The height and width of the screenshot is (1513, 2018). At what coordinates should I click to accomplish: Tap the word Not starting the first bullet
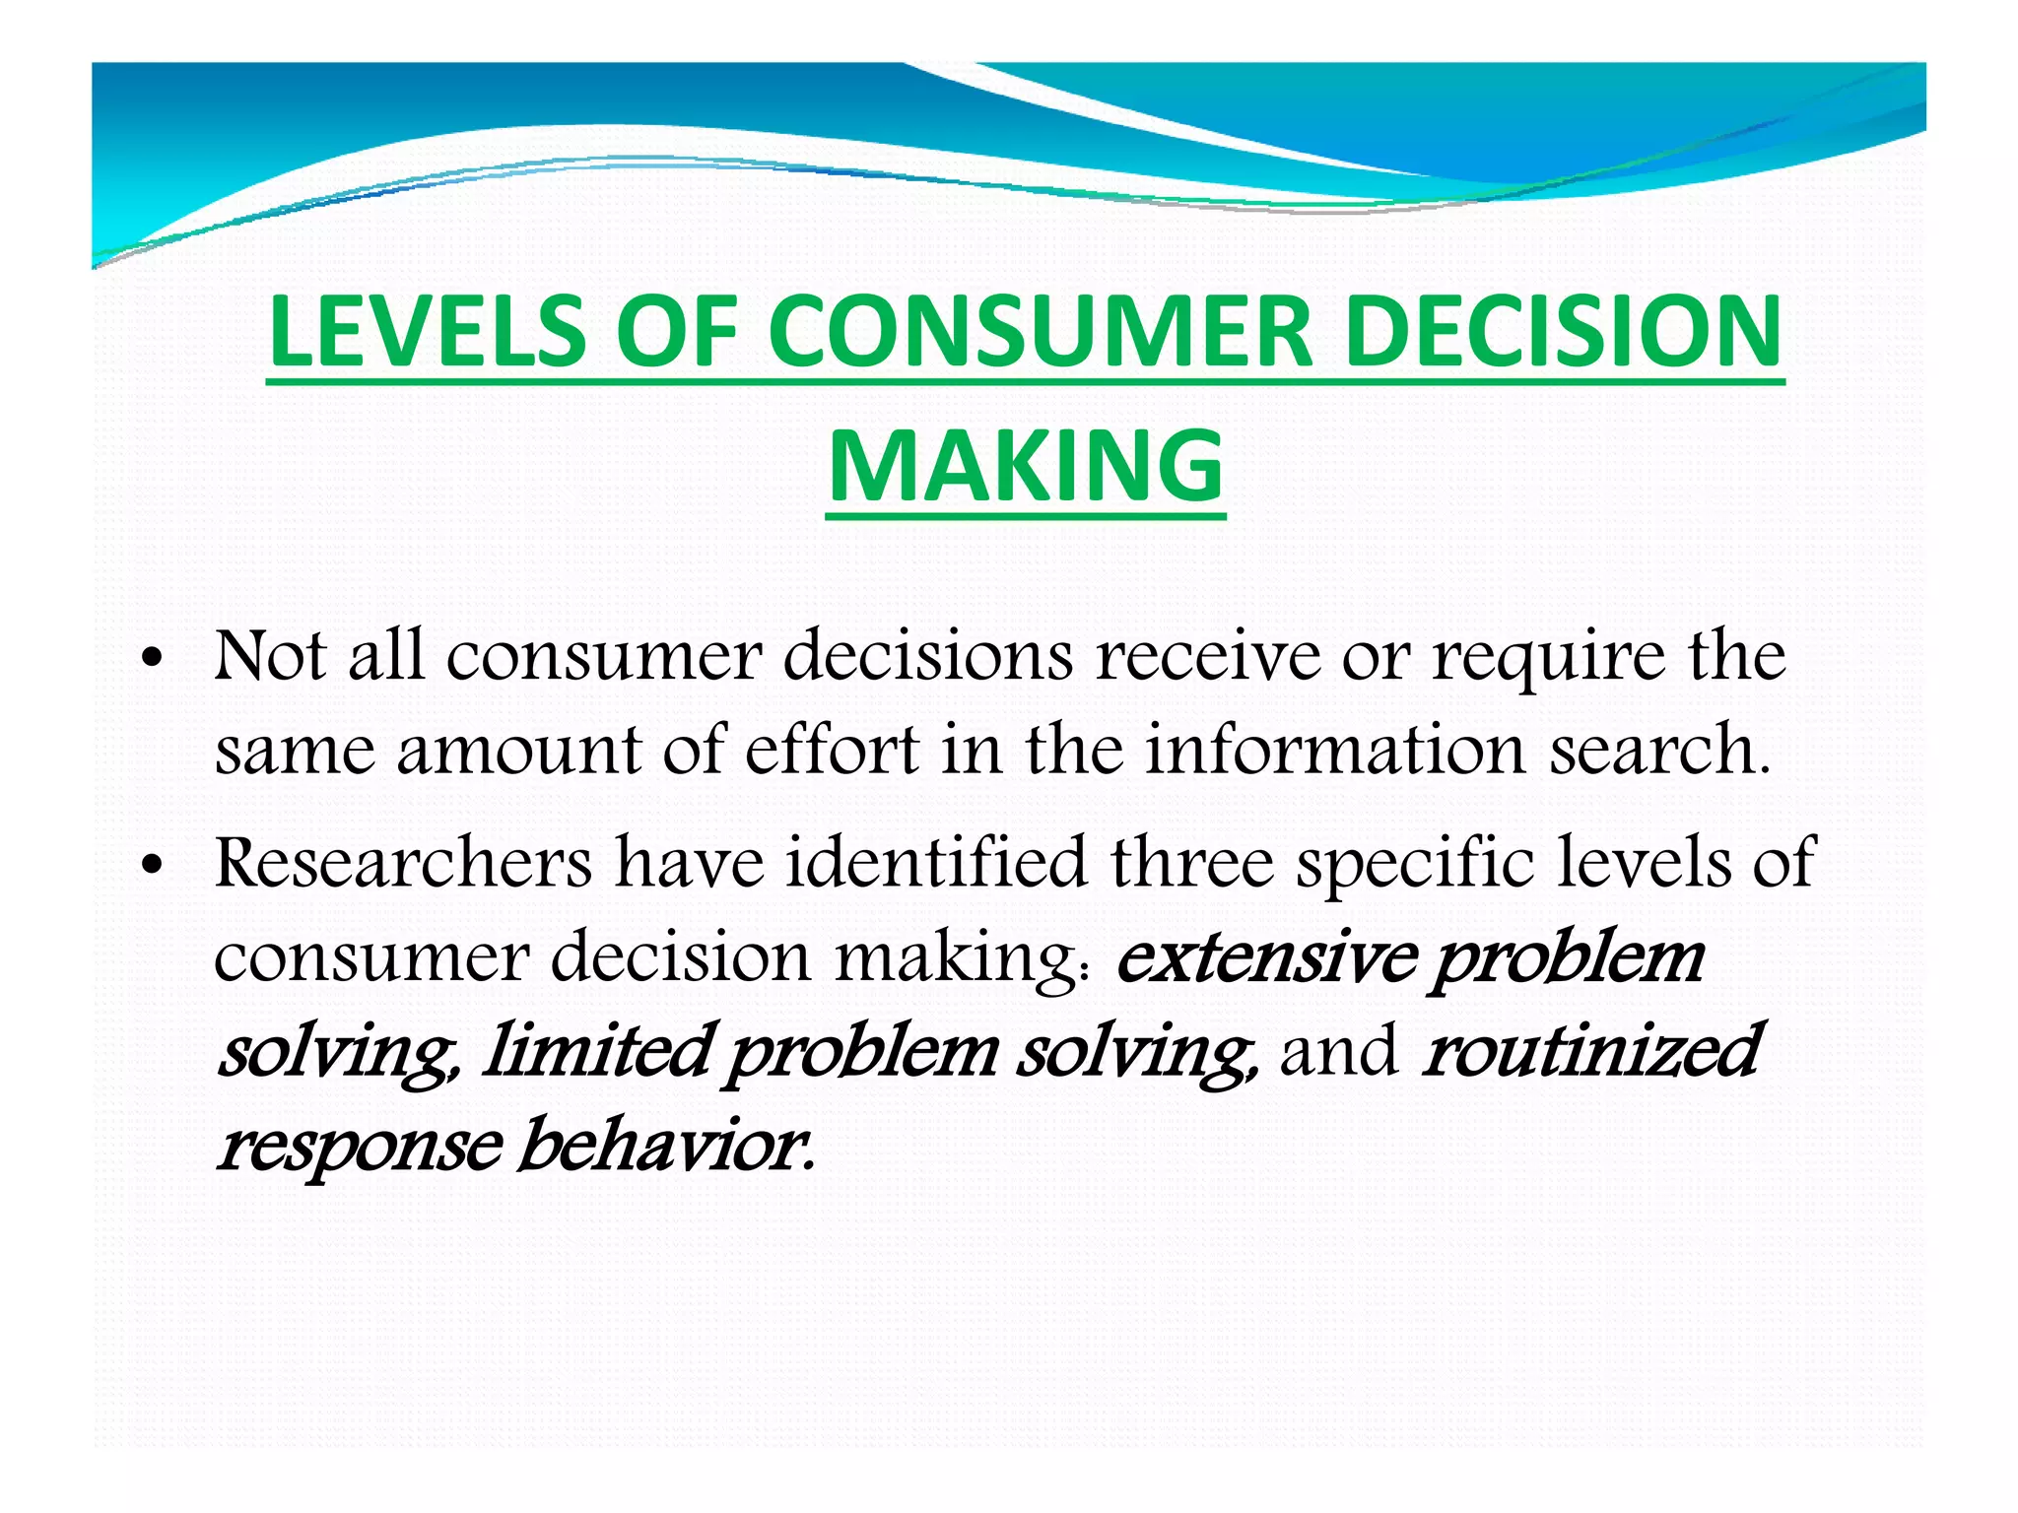pos(270,656)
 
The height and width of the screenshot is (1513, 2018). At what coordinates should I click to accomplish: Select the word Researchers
pos(403,863)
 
